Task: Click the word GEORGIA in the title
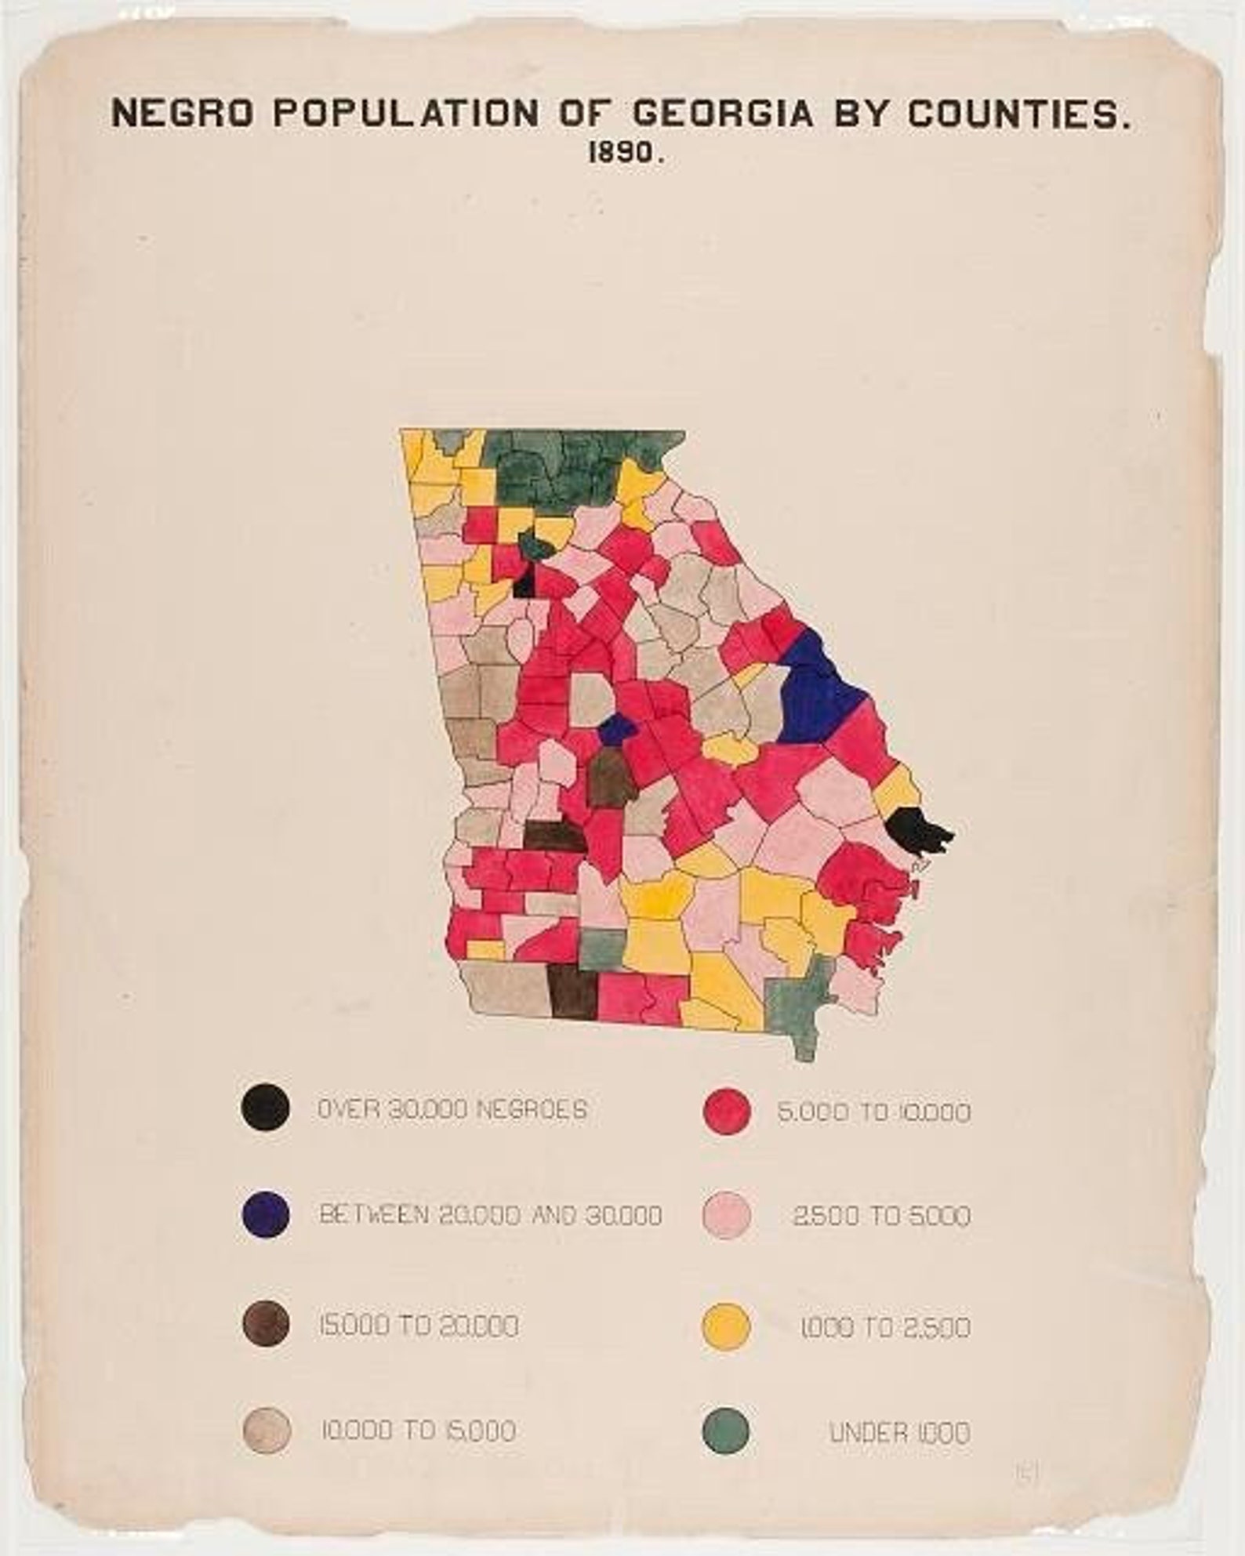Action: tap(721, 114)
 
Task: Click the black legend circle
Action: tap(267, 1108)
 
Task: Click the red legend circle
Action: tap(728, 1110)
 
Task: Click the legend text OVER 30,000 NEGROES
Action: tap(452, 1110)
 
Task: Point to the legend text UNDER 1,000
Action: tap(899, 1434)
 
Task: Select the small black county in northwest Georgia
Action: tap(524, 583)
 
